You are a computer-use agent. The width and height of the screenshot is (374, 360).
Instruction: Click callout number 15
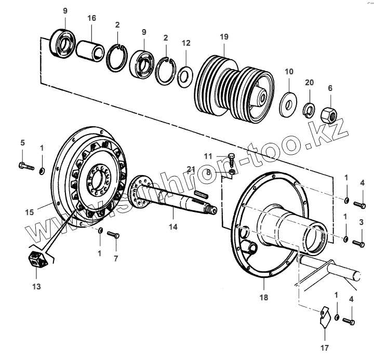29,212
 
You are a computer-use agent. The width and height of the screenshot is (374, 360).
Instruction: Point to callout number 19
223,37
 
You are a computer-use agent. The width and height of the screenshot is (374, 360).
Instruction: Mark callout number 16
91,18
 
